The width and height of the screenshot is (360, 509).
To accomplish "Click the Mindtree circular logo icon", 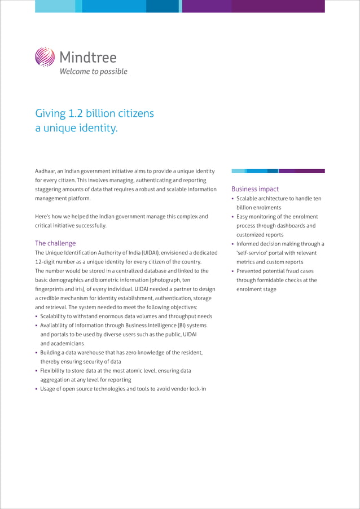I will [x=45, y=57].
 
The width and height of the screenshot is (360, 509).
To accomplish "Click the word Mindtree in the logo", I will [x=87, y=57].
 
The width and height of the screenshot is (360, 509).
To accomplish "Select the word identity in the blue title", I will [x=97, y=128].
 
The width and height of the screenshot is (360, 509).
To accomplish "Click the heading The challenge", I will [x=55, y=243].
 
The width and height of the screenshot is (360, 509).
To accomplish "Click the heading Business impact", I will [x=255, y=189].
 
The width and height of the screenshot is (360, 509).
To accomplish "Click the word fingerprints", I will [x=51, y=289].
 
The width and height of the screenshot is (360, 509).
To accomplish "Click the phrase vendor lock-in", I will [x=186, y=389].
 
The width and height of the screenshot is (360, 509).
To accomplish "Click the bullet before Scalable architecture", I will [x=233, y=199].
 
